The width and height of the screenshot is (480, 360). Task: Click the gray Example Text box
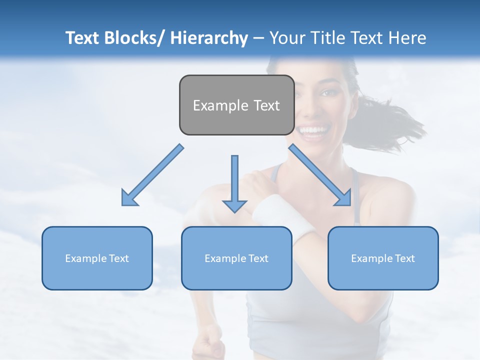[236, 105]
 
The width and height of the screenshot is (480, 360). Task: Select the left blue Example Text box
[97, 258]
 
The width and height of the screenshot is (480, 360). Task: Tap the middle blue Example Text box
[236, 258]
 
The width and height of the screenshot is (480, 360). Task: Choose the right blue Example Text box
[383, 258]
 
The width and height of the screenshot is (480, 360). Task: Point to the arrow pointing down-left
[152, 175]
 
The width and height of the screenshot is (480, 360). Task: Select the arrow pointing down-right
[320, 174]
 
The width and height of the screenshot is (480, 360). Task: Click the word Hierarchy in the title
[209, 38]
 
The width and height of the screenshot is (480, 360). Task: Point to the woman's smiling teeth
[313, 131]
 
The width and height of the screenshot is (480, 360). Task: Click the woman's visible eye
[327, 92]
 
